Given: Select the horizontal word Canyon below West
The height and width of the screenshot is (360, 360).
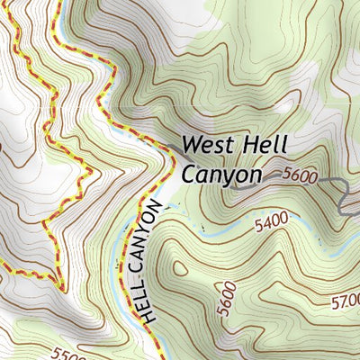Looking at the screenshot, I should [x=220, y=175].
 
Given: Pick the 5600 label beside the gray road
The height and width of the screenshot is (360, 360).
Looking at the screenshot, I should [x=299, y=177].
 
